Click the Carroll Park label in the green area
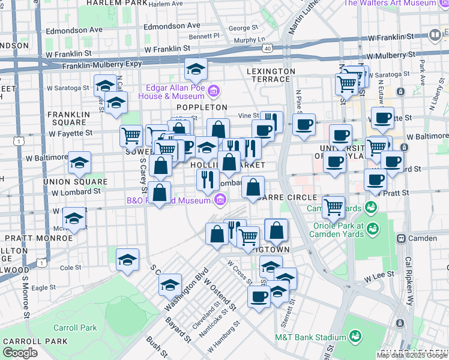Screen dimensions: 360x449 click(75, 328)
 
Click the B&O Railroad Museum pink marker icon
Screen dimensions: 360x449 click(220, 199)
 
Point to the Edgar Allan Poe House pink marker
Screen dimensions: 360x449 click(215, 91)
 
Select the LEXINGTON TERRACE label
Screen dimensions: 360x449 click(271, 71)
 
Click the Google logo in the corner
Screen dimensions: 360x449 click(20, 353)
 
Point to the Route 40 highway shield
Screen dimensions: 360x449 click(267, 48)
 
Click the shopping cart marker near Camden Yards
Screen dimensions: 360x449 click(333, 208)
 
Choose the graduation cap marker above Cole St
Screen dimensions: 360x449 click(127, 260)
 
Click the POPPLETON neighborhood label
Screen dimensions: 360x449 click(202, 107)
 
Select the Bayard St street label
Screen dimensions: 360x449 click(178, 329)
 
